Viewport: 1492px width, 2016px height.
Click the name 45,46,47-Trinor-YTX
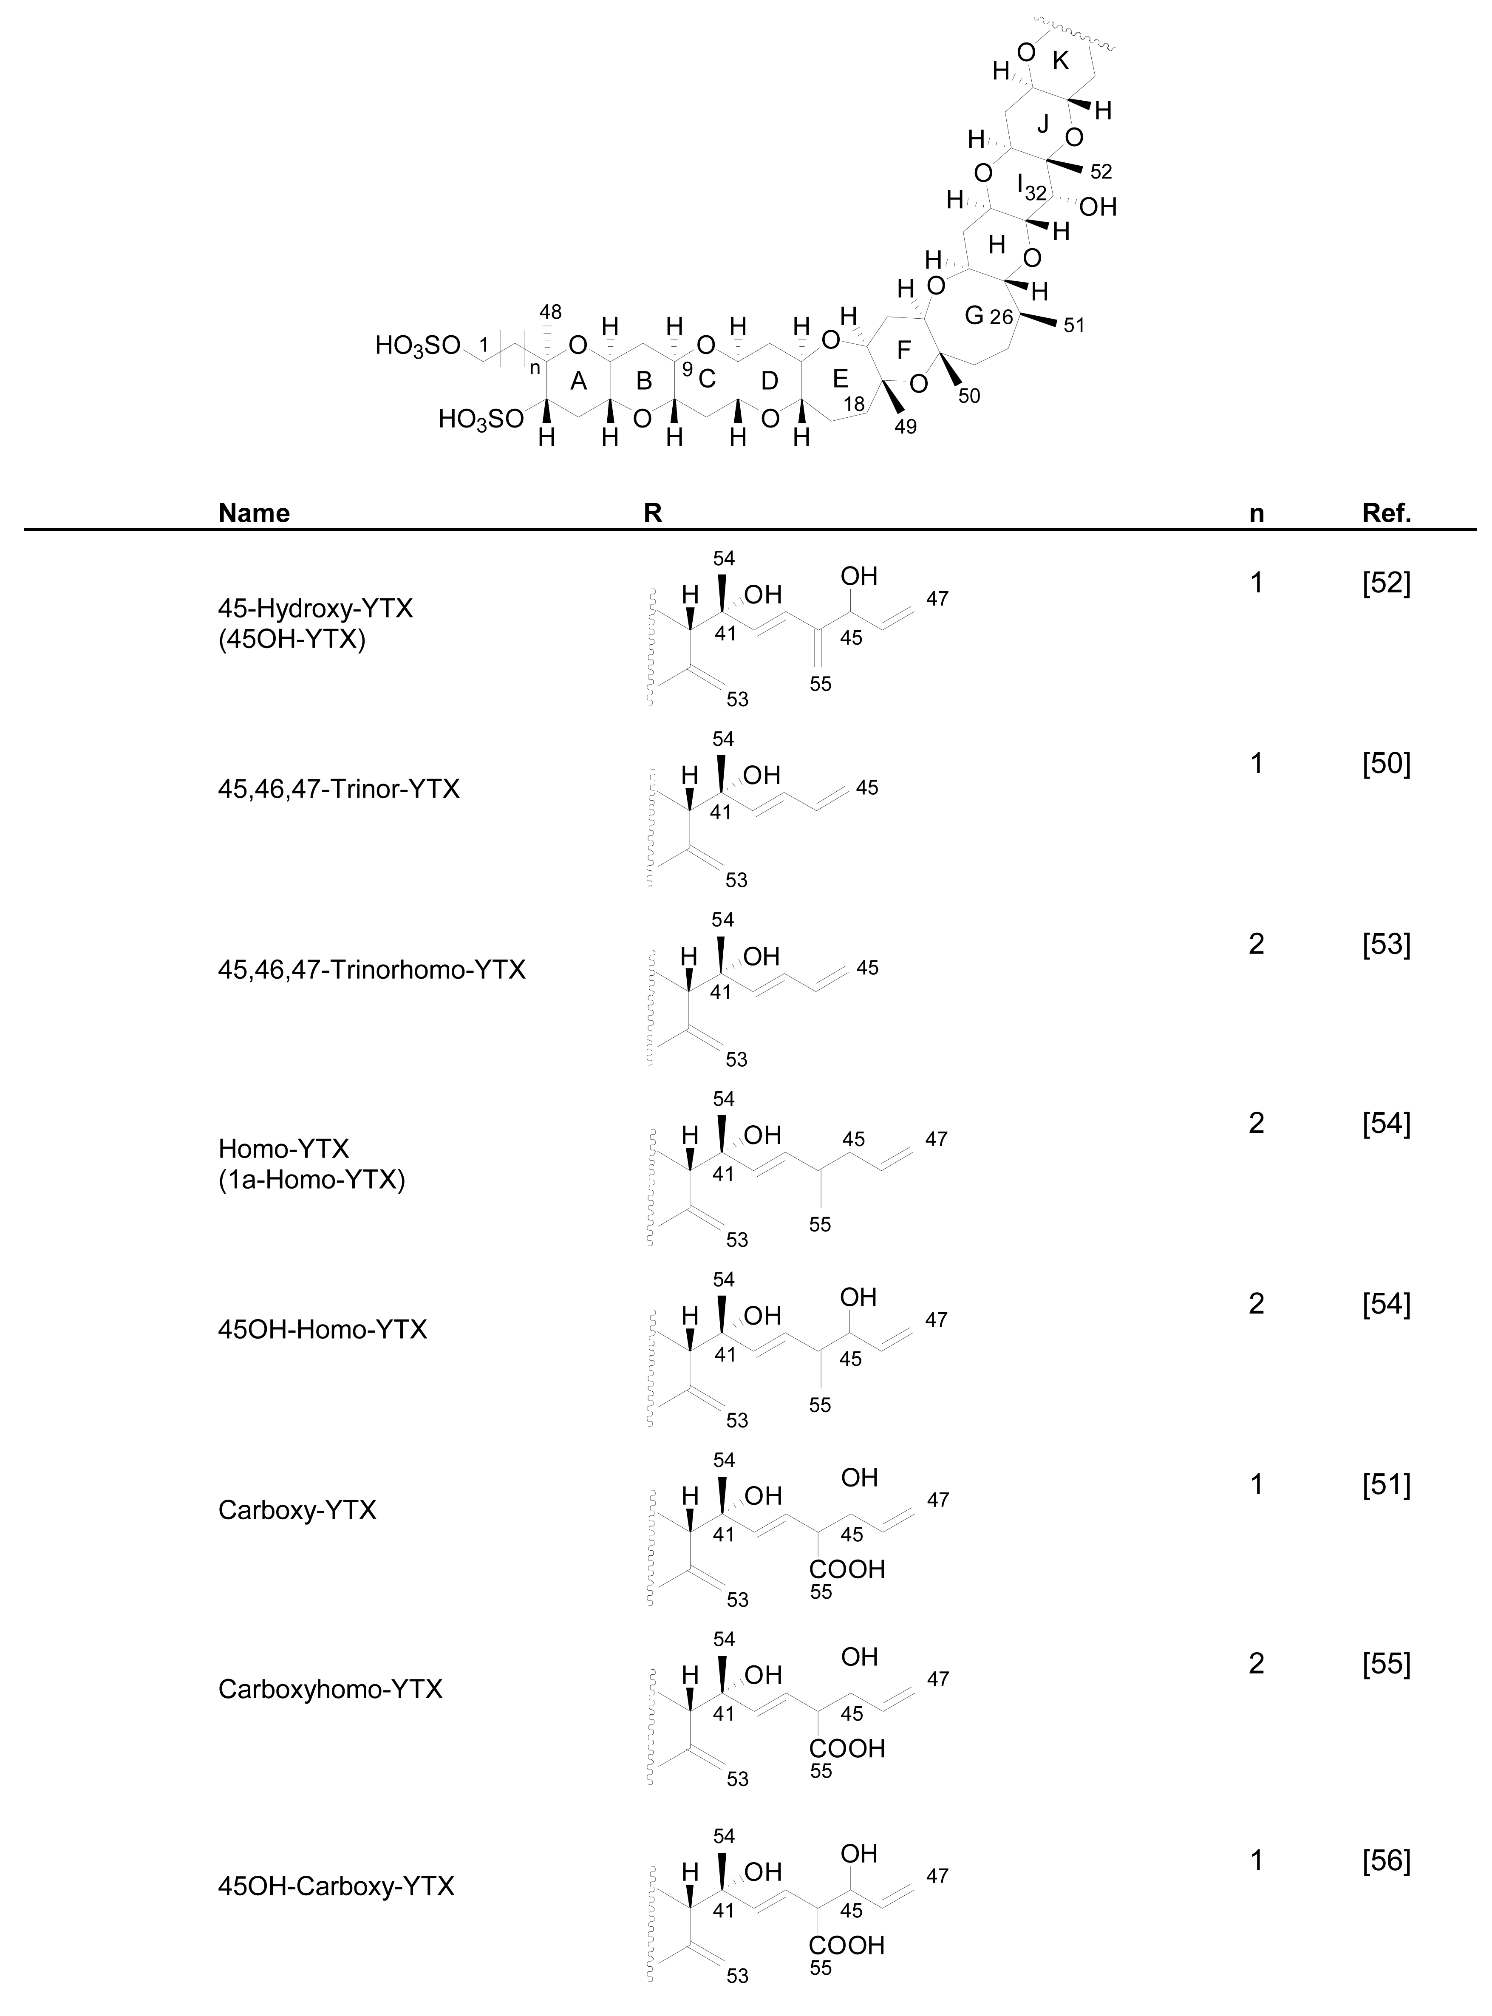tap(339, 790)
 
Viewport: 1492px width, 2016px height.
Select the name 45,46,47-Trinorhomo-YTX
tap(371, 970)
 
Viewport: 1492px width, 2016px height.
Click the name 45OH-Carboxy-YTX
tap(336, 1886)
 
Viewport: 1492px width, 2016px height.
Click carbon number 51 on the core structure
tap(1074, 326)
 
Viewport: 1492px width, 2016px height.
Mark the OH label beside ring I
tap(1098, 208)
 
